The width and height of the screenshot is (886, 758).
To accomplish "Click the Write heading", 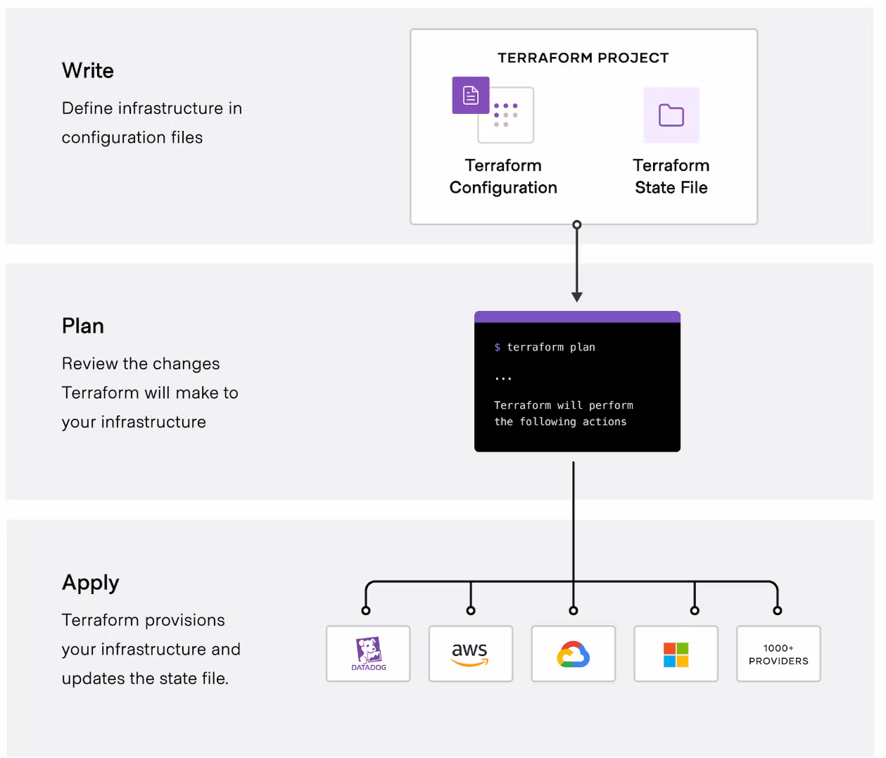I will click(x=88, y=70).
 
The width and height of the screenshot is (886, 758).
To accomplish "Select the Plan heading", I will click(x=83, y=326).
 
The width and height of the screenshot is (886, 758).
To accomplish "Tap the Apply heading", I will click(x=91, y=582).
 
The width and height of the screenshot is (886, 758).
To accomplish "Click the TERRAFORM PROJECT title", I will click(x=583, y=58).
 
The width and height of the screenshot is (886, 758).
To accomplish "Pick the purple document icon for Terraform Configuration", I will click(x=471, y=95).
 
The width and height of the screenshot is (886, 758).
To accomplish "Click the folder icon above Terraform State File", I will click(x=671, y=115).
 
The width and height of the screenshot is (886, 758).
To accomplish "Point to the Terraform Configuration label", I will click(x=503, y=177).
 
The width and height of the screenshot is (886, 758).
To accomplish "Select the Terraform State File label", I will click(x=671, y=177).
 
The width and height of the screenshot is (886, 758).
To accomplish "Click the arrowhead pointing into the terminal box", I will click(x=577, y=297).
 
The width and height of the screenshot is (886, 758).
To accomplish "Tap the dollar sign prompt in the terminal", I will click(x=498, y=347).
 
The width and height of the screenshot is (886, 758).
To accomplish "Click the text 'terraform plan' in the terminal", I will click(x=551, y=347).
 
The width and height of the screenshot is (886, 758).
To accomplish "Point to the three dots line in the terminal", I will click(x=503, y=379).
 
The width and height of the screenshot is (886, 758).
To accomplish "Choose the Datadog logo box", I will click(x=368, y=654).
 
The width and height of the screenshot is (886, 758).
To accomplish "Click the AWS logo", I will click(x=470, y=653).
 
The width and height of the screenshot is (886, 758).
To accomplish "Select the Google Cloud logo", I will click(x=573, y=654).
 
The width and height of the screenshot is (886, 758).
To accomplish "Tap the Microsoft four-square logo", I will click(x=676, y=655).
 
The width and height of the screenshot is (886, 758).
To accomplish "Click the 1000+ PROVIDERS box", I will click(x=778, y=654).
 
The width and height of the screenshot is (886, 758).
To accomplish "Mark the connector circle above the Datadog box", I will click(x=366, y=610).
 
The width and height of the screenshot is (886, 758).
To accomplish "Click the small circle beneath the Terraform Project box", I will click(x=577, y=225).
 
